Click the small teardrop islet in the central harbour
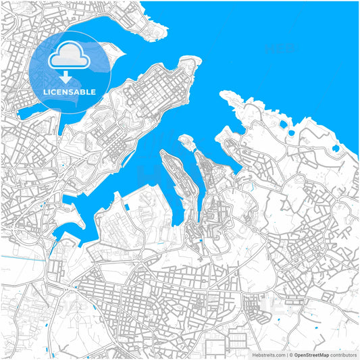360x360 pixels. [x=184, y=140]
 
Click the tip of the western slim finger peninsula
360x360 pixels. [x=162, y=152]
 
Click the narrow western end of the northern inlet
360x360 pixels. [x=20, y=115]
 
